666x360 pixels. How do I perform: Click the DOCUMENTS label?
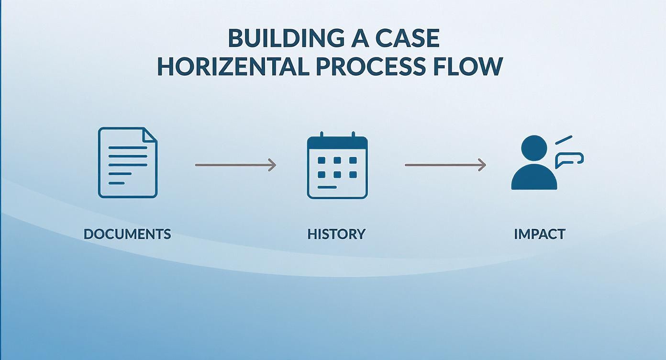point(127,234)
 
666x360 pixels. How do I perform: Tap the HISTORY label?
point(336,234)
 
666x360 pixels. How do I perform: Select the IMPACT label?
point(540,234)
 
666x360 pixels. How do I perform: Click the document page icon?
point(127,162)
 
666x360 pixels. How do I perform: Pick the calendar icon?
point(337,167)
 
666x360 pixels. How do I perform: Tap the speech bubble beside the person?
point(569,159)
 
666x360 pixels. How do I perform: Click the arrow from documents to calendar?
point(235,165)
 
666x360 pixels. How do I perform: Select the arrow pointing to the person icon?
point(445,165)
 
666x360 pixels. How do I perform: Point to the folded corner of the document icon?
point(151,134)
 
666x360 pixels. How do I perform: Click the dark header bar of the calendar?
point(337,144)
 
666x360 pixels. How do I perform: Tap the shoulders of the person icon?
point(534,180)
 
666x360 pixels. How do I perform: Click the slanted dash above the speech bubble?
point(564,140)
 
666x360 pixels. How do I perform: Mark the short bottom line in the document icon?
point(116,182)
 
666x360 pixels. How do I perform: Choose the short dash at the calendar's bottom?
point(327,187)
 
